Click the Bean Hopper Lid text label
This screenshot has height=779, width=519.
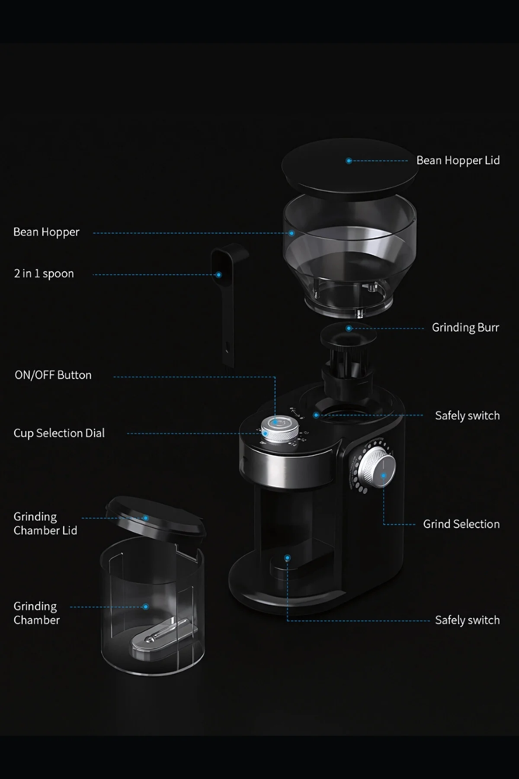click(458, 161)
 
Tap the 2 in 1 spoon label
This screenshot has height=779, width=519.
click(44, 274)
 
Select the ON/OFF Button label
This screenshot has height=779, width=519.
click(53, 375)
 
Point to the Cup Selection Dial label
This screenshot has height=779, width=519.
click(59, 433)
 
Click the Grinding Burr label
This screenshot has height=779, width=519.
click(465, 328)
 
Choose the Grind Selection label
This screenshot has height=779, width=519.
click(461, 524)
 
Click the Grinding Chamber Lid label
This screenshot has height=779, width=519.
click(45, 524)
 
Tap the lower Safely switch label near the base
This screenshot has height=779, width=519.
click(468, 620)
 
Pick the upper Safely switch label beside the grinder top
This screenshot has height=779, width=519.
click(468, 415)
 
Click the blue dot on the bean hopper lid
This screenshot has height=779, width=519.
click(349, 161)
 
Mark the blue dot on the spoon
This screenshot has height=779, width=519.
click(218, 275)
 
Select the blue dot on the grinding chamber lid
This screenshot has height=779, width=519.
click(146, 518)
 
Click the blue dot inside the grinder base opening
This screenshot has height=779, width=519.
click(287, 558)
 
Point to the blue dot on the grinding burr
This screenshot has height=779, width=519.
click(349, 328)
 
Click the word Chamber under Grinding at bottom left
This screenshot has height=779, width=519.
click(37, 620)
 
